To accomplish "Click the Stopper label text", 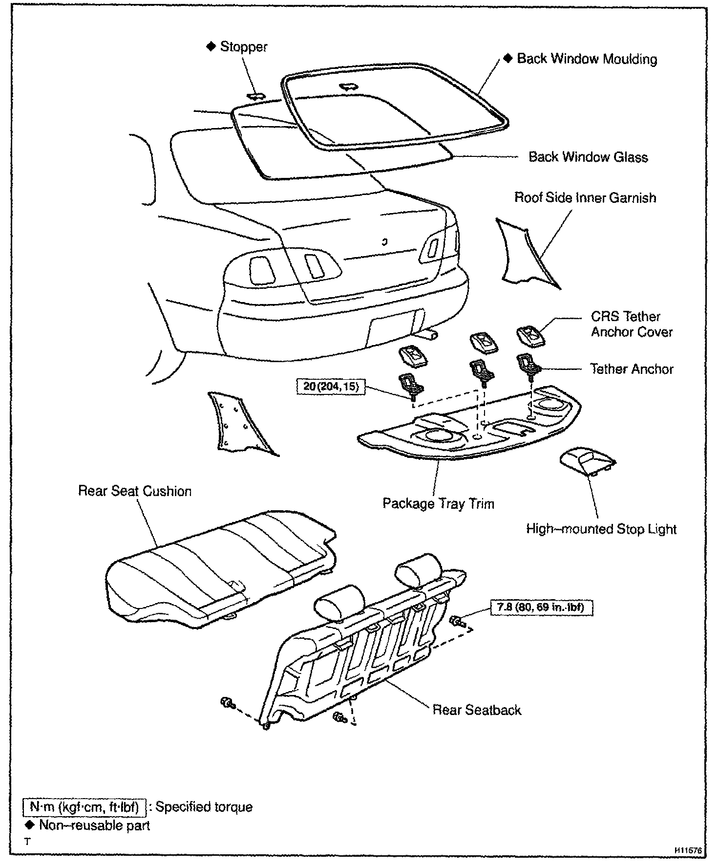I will (x=243, y=47).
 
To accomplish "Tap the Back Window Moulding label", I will (x=587, y=59).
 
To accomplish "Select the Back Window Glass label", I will (x=588, y=157).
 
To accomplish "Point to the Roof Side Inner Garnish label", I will (x=585, y=198).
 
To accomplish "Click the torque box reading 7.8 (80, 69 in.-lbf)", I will (x=541, y=608).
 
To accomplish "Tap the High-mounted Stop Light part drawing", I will (x=586, y=463).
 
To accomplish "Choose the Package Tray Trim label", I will (x=438, y=504).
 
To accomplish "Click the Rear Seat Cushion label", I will (x=135, y=491).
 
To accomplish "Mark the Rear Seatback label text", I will (x=477, y=710).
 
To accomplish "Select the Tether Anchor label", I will (x=632, y=369).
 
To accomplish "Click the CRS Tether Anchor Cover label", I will (x=631, y=324).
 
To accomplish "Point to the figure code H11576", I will (x=688, y=851).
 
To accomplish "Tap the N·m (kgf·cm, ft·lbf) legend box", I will (x=84, y=806).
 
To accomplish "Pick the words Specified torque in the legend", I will (x=204, y=807).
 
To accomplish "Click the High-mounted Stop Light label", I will (x=601, y=529).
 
